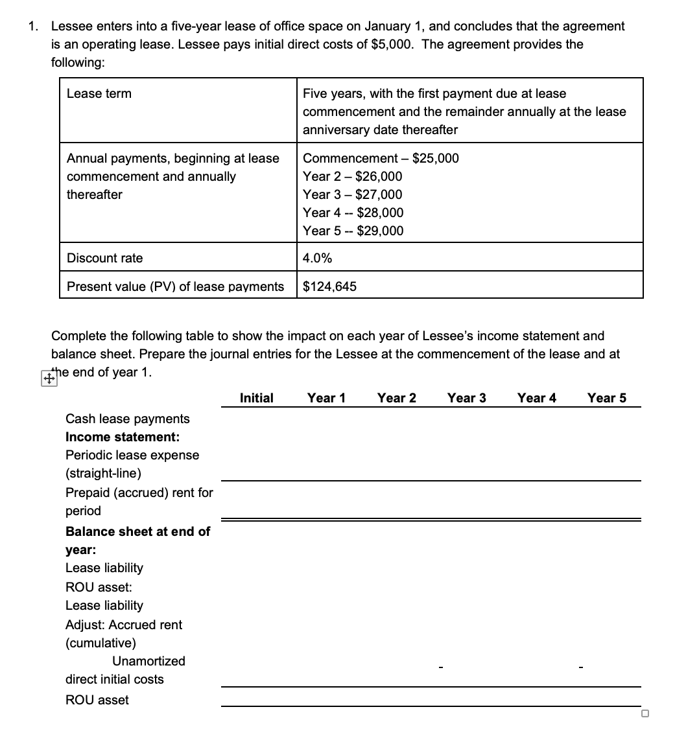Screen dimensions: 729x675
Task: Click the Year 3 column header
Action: (466, 398)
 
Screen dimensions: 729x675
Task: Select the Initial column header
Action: (257, 398)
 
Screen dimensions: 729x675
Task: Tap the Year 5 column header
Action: (607, 398)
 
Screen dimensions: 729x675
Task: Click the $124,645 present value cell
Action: (329, 286)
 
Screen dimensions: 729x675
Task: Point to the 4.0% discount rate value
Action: (318, 258)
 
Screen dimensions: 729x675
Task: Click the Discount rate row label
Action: (104, 258)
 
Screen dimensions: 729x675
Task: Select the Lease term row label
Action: (99, 93)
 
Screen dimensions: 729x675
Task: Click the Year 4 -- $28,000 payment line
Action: (353, 213)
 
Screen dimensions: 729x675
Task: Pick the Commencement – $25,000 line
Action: (381, 158)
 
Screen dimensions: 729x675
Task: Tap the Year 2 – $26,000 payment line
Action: (352, 176)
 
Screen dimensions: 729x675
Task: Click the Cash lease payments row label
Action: (128, 419)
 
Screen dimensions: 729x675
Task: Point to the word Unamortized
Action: (148, 661)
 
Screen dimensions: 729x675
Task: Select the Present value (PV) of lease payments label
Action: (175, 286)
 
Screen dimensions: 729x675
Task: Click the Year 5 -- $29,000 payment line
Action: (353, 231)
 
